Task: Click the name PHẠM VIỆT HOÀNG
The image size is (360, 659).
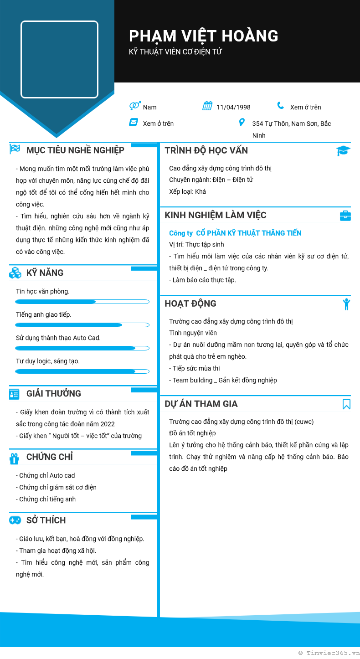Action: [x=203, y=36]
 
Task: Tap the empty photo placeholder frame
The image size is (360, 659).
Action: [x=59, y=59]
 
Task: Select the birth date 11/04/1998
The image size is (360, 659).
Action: [x=233, y=108]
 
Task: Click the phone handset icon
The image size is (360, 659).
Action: [x=280, y=106]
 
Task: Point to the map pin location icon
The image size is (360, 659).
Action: [x=242, y=123]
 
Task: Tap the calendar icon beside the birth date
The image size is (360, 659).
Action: [x=207, y=106]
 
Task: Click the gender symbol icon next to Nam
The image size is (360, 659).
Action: [x=134, y=106]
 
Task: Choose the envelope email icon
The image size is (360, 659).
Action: [x=134, y=122]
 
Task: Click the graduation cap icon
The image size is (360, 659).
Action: [x=343, y=151]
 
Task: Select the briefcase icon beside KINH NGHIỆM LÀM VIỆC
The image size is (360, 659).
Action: [x=345, y=216]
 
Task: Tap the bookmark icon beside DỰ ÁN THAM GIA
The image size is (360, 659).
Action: [x=346, y=404]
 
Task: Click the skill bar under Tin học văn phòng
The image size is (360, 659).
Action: [x=82, y=302]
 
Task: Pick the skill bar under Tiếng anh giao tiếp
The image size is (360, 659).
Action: [x=82, y=325]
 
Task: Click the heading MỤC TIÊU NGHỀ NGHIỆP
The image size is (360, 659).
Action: [x=75, y=150]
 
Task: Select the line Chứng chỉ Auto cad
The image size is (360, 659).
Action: [x=46, y=476]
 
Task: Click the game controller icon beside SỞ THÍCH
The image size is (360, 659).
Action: [x=15, y=520]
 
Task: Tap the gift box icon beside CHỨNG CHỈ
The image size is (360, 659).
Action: [x=15, y=458]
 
